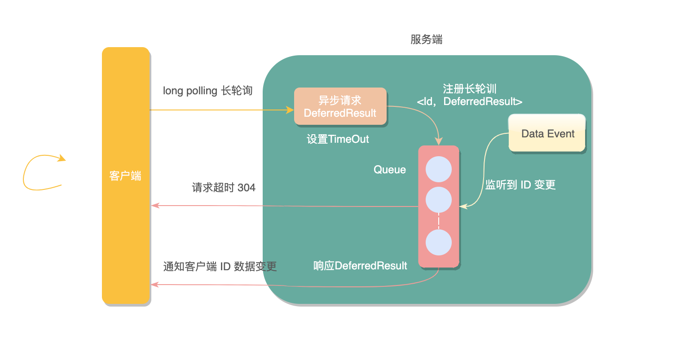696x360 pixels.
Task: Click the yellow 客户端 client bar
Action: point(126,176)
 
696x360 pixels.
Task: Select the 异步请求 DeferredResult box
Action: point(340,106)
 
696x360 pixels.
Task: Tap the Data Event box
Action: point(547,133)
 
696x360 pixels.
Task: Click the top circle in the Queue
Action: point(438,169)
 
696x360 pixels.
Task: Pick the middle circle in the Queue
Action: point(438,200)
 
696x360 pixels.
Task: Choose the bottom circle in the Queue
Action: point(438,242)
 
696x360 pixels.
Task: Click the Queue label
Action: point(389,170)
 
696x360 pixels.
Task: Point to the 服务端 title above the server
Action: point(426,40)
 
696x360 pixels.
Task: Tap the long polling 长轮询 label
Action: point(207,91)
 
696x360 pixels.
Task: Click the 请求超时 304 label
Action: point(224,188)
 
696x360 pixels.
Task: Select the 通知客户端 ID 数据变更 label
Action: point(220,267)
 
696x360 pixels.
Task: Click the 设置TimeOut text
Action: point(338,139)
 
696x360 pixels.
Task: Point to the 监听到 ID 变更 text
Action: point(520,185)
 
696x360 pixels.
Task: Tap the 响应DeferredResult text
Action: point(360,266)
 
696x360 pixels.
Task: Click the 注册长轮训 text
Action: point(469,89)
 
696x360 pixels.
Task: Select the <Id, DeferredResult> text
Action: point(469,102)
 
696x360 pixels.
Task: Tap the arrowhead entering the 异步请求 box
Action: point(290,110)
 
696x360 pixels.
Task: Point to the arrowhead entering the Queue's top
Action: point(439,141)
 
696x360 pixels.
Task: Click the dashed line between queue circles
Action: point(439,221)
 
